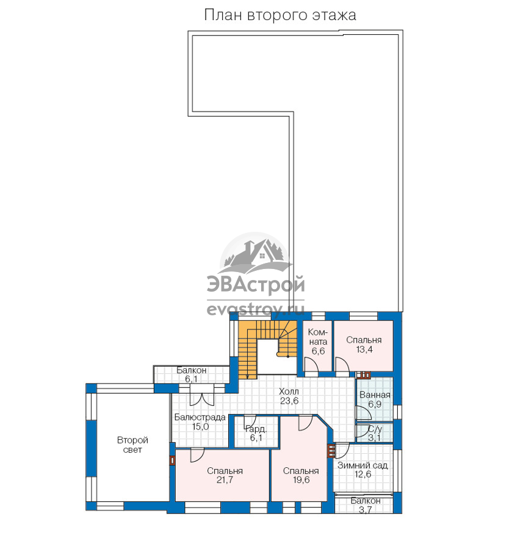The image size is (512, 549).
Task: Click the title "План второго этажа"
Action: click(x=280, y=15)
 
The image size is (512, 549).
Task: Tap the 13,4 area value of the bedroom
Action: click(x=364, y=350)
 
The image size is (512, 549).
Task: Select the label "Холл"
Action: click(x=289, y=392)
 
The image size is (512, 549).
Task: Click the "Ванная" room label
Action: click(x=375, y=395)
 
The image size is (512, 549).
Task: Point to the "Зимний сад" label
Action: click(x=362, y=465)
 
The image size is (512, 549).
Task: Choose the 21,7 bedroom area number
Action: click(x=225, y=480)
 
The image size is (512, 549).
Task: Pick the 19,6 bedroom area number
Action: click(x=301, y=480)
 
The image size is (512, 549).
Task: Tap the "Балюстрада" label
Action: click(x=200, y=417)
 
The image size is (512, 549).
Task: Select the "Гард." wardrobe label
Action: click(x=256, y=429)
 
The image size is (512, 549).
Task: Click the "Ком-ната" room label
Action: click(x=318, y=337)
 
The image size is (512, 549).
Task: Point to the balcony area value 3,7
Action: click(x=366, y=510)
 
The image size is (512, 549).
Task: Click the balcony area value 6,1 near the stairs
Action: click(x=192, y=379)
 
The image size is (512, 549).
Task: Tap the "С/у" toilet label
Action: click(x=375, y=429)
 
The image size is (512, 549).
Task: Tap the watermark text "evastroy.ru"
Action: click(x=256, y=309)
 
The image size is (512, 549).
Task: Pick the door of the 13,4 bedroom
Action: click(x=342, y=367)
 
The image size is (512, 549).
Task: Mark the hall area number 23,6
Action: click(x=289, y=401)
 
